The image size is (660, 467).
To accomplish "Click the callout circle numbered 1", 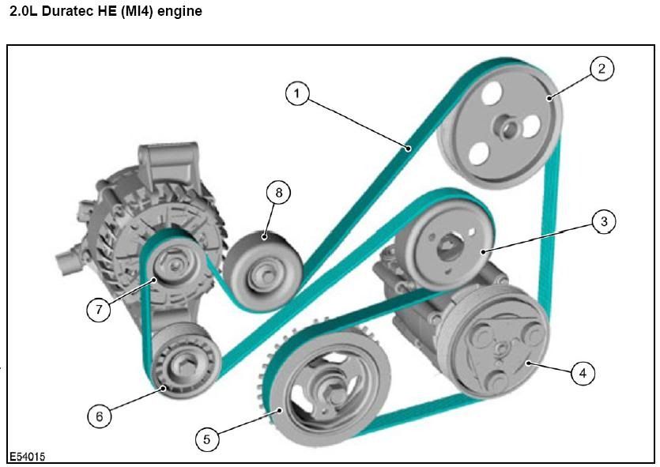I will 296,95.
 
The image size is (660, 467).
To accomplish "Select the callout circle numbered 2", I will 602,69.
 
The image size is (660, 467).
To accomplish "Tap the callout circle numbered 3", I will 604,222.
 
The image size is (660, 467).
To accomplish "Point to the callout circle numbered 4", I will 583,372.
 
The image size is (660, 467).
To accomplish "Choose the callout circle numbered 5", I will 207,439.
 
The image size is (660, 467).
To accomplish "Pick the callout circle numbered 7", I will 98,309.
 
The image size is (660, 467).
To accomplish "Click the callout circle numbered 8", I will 277,192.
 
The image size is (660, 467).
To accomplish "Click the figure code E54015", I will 28,458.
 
